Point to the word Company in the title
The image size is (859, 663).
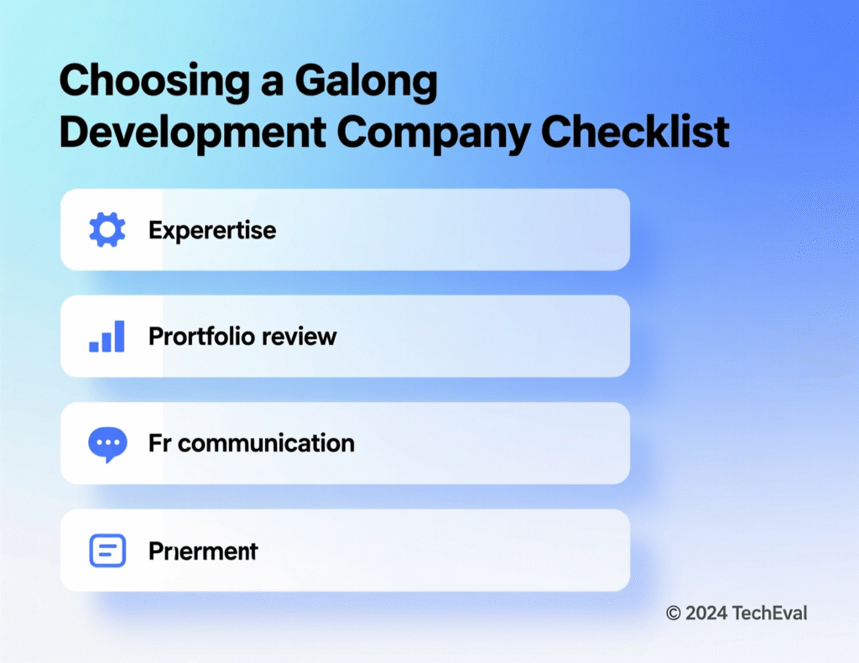click(x=435, y=133)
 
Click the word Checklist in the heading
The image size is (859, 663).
click(x=635, y=133)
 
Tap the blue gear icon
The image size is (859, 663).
click(x=107, y=229)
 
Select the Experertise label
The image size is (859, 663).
click(x=212, y=230)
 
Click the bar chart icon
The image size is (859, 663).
click(x=107, y=337)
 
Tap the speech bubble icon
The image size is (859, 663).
click(x=107, y=445)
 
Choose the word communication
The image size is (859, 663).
click(x=266, y=443)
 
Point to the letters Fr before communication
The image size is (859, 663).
click(x=159, y=443)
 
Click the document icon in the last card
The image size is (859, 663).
click(x=107, y=551)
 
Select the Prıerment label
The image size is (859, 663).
click(x=203, y=551)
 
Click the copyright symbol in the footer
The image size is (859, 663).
click(x=673, y=613)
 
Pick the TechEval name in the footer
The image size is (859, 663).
click(x=769, y=613)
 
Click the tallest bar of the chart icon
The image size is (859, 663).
click(x=119, y=336)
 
